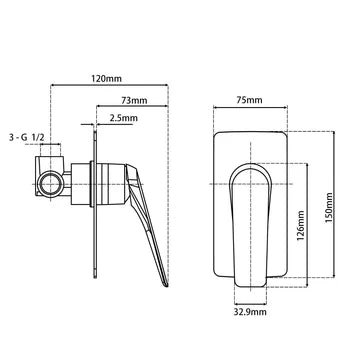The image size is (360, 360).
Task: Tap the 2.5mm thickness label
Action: [x=125, y=118]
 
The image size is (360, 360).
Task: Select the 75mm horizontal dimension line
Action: [x=250, y=110]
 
